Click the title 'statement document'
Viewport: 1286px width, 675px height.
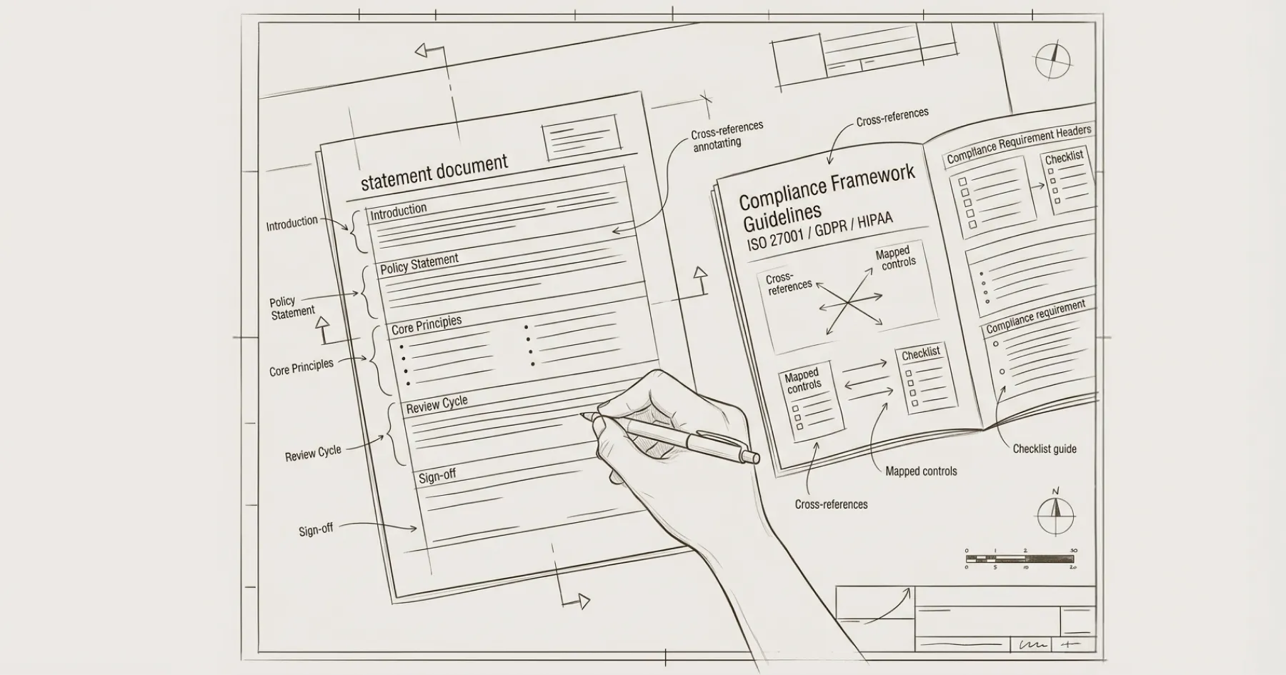click(x=434, y=172)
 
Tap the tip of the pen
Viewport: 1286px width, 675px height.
click(x=583, y=414)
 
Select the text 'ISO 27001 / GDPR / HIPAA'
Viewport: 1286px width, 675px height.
click(x=819, y=231)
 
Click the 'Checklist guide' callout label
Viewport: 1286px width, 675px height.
click(x=1044, y=449)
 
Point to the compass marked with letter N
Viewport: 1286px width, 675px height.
click(x=1055, y=514)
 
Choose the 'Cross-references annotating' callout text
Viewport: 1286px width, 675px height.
click(x=726, y=136)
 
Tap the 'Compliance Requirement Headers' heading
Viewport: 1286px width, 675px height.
click(x=1018, y=144)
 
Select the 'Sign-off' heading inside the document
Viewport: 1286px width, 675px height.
click(x=437, y=476)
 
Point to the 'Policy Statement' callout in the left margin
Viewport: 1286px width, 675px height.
click(x=291, y=307)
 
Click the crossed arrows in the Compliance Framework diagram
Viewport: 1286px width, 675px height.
click(x=849, y=301)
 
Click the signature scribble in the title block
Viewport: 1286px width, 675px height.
click(x=1033, y=644)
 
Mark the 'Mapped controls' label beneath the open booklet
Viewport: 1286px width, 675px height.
click(x=920, y=471)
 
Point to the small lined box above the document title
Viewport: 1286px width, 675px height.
click(x=581, y=136)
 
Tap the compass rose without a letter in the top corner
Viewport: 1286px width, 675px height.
click(x=1052, y=60)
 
